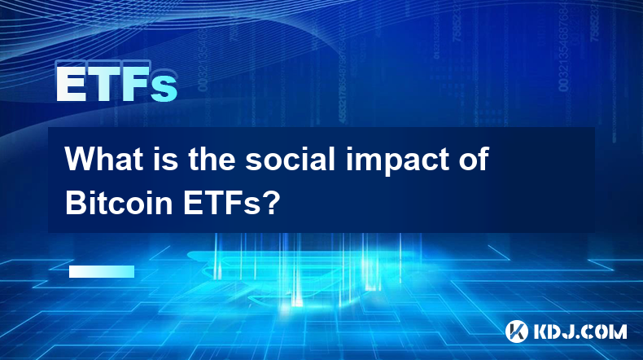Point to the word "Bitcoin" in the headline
coord(119,202)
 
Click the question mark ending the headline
coord(272,202)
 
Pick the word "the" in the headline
coord(212,159)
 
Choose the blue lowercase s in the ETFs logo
coord(164,89)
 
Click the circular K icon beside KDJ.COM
coord(517,331)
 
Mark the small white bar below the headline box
coord(102,271)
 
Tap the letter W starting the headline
coord(79,159)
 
